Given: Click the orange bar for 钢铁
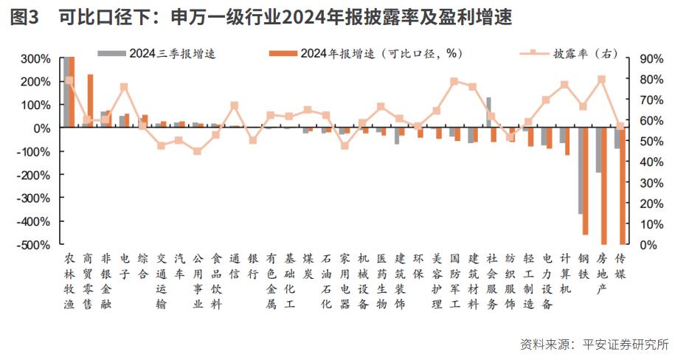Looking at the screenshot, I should [586, 181].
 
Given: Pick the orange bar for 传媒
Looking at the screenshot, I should [623, 185].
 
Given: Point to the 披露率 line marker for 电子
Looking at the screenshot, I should [124, 87].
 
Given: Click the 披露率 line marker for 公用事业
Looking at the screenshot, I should [197, 151].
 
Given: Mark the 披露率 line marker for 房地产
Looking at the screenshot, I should [601, 79].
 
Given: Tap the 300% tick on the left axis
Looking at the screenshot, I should [35, 58].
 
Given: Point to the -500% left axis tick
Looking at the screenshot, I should [34, 244].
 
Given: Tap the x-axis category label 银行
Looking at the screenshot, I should [252, 266].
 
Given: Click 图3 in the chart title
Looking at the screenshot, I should [24, 17].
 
